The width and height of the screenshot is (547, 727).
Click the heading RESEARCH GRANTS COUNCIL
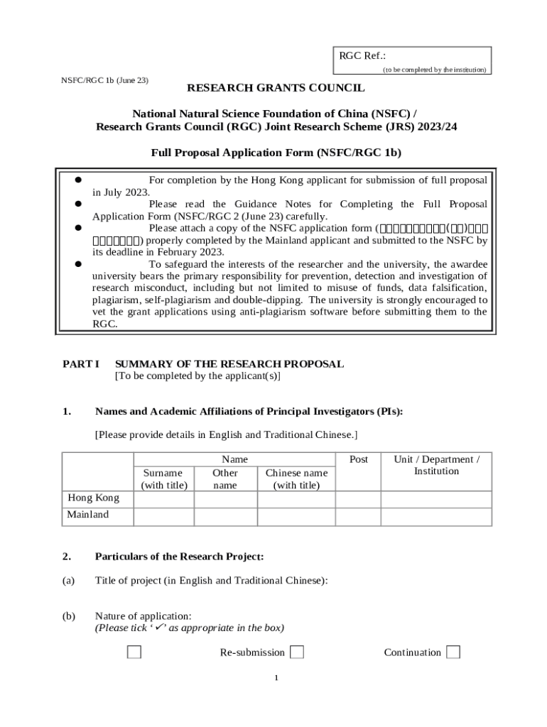pyautogui.click(x=276, y=88)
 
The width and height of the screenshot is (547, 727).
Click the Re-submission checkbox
pyautogui.click(x=298, y=652)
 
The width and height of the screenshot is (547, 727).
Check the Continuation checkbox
pyautogui.click(x=453, y=652)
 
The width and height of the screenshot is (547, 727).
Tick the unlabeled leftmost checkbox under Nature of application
pyautogui.click(x=134, y=652)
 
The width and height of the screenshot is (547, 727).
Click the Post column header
pyautogui.click(x=359, y=459)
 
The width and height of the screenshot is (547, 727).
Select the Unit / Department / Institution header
pyautogui.click(x=436, y=465)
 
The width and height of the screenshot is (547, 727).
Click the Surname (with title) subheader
pyautogui.click(x=163, y=479)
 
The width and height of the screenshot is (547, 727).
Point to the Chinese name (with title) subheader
pyautogui.click(x=296, y=479)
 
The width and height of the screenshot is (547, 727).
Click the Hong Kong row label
pyautogui.click(x=93, y=498)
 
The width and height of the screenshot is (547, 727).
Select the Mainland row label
pyautogui.click(x=88, y=515)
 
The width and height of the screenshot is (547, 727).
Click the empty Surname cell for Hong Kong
pyautogui.click(x=163, y=498)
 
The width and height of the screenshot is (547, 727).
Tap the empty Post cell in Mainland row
pyautogui.click(x=358, y=516)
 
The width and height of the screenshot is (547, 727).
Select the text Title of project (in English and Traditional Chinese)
pyautogui.click(x=212, y=581)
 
